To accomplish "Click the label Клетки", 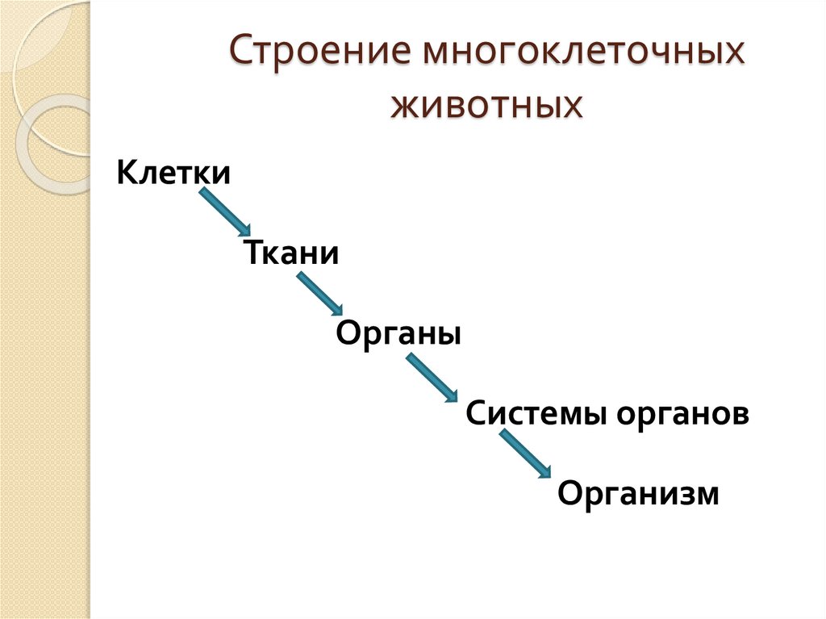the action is [x=173, y=173].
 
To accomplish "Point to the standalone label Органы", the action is [x=398, y=333].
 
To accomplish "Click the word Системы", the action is [x=537, y=415].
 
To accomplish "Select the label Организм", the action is [x=637, y=493].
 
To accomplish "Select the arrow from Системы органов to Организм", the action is [x=525, y=454].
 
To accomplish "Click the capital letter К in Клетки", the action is [x=126, y=173].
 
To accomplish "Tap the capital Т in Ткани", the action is [x=251, y=253].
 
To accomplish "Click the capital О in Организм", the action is [x=569, y=493].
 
